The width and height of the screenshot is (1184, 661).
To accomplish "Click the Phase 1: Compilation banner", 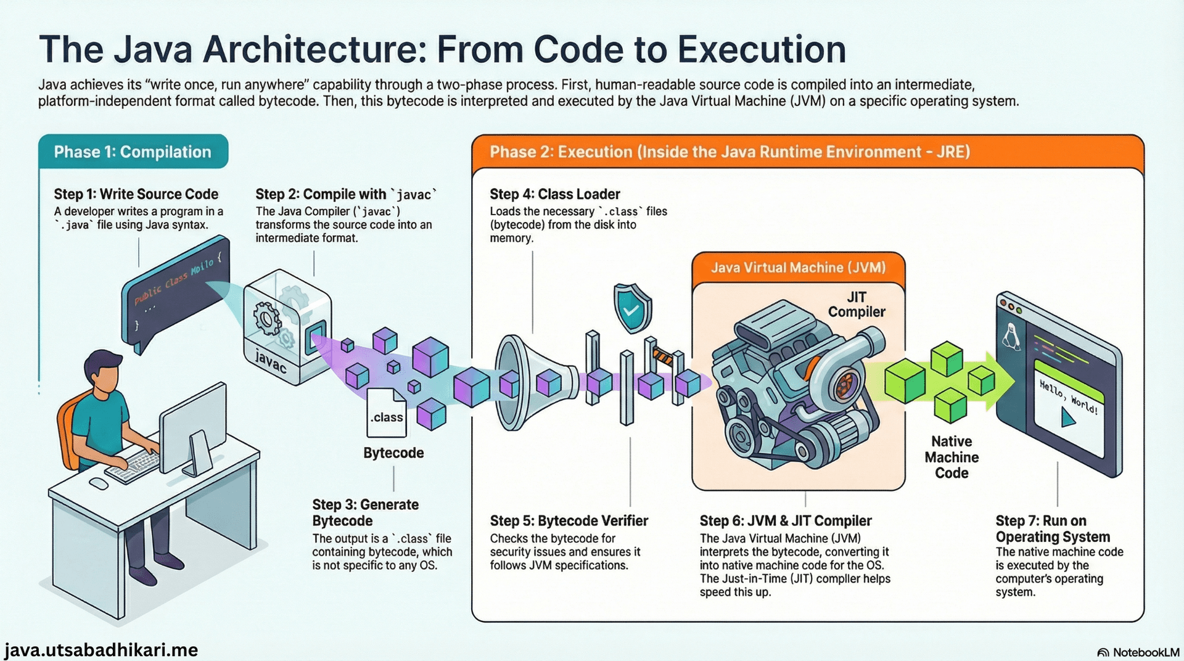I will click(x=133, y=152).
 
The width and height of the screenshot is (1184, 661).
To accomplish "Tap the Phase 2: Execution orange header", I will click(x=729, y=152).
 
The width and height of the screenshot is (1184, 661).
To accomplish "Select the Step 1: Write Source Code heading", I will click(x=136, y=194).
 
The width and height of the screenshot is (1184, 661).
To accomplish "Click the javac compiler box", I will click(x=286, y=327).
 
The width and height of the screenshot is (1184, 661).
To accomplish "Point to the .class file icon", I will click(x=386, y=412).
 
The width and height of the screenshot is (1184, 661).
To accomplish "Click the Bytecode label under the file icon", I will click(x=393, y=453).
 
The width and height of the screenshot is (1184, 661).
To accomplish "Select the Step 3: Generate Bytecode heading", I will click(x=365, y=512).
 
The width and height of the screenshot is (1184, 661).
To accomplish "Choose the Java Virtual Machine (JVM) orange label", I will click(x=798, y=268).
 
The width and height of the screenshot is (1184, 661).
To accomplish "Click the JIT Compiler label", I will click(x=857, y=305).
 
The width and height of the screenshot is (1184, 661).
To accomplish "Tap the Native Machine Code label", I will click(x=952, y=458).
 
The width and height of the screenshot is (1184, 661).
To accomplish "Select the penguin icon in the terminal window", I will click(x=1009, y=337).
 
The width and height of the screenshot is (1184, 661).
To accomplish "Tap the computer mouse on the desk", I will click(x=99, y=483).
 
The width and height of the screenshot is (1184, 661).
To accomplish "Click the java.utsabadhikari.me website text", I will click(x=101, y=650).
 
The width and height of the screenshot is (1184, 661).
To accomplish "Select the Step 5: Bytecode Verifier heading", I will click(x=569, y=521).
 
